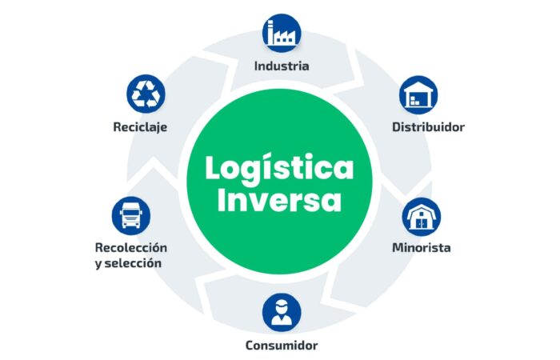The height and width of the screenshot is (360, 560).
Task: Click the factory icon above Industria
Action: (x=282, y=33)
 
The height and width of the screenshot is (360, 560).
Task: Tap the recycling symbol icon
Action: (x=146, y=94)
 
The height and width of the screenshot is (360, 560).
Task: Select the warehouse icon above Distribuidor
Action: (x=418, y=94)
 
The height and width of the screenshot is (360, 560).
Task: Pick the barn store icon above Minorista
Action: (x=422, y=217)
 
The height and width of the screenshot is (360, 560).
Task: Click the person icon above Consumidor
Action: (x=282, y=313)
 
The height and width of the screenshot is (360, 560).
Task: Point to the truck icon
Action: (x=131, y=216)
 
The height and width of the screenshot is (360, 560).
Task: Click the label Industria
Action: (x=282, y=66)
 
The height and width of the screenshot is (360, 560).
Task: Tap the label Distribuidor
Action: (x=428, y=126)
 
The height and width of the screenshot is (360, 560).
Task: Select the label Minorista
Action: (x=422, y=247)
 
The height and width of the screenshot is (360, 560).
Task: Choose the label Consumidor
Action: (x=282, y=346)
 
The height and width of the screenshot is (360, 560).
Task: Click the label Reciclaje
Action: (x=140, y=126)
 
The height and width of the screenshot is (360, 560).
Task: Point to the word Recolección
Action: (x=131, y=247)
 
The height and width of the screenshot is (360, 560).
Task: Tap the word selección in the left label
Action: (x=133, y=263)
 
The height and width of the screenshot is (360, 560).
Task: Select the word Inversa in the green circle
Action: (x=279, y=200)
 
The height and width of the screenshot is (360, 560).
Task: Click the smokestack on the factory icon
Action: (x=270, y=32)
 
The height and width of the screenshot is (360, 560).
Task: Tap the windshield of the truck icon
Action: (x=131, y=213)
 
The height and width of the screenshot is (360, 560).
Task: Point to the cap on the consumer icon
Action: (x=282, y=304)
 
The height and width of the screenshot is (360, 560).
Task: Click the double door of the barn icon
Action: (x=422, y=223)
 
